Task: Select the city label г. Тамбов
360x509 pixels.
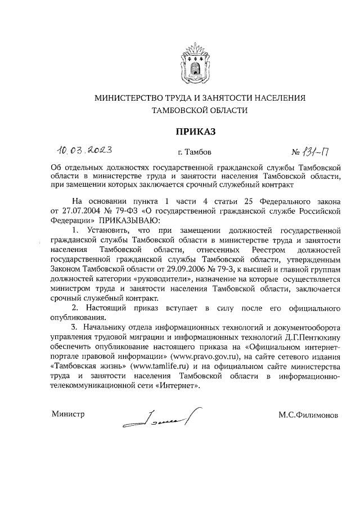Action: [195, 152]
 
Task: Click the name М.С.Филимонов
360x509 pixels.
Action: [308, 416]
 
